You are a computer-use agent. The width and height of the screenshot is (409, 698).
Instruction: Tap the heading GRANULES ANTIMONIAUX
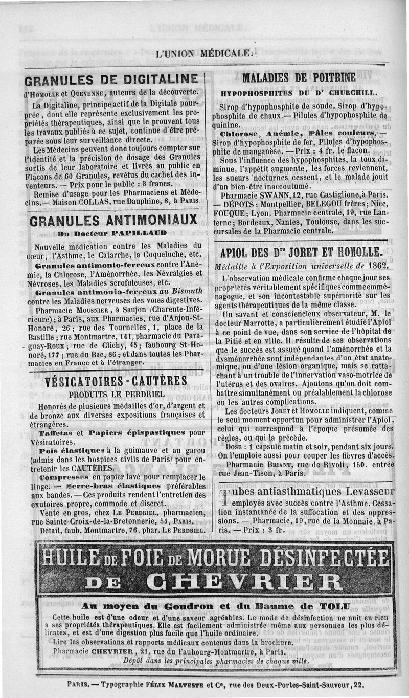tap(113, 220)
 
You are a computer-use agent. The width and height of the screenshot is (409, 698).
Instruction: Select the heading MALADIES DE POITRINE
tap(299, 78)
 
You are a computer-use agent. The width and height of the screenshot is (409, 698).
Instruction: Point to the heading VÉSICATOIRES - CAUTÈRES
tap(116, 381)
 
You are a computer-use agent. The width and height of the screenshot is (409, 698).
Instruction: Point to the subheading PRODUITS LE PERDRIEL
tap(117, 394)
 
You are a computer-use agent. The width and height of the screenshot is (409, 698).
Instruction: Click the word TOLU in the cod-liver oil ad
tap(335, 607)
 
